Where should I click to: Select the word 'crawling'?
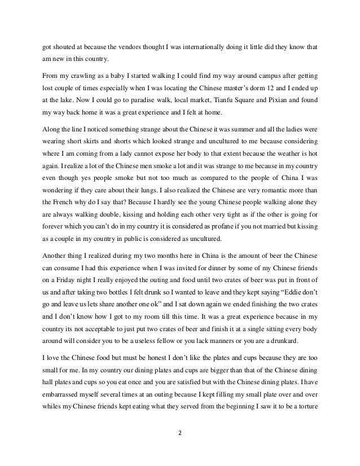(84, 75)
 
